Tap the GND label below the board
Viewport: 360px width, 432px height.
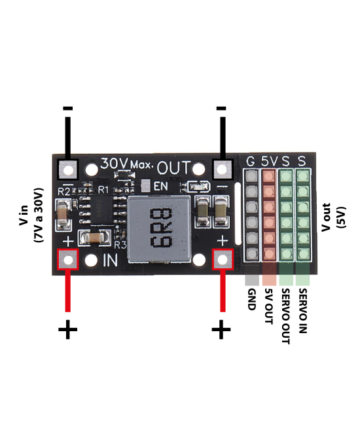251,299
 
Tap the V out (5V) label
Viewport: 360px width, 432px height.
331,217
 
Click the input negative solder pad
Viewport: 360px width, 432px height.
67,169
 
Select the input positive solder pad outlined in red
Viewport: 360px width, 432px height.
67,259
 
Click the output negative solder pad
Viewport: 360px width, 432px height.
223,169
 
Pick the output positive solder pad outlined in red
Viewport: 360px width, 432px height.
223,259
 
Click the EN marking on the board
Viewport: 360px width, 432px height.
160,186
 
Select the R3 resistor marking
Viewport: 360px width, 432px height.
120,245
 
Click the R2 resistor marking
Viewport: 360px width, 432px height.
63,191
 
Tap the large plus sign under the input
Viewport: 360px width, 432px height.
67,329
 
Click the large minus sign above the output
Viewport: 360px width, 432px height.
221,108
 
